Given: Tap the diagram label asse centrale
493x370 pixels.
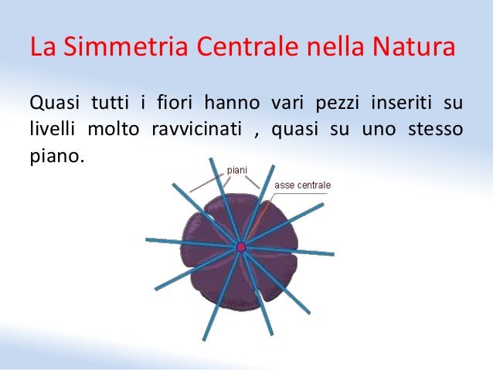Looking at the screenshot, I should [x=302, y=185].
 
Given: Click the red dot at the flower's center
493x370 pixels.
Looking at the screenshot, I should [x=240, y=247].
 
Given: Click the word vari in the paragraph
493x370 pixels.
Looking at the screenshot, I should [x=288, y=102].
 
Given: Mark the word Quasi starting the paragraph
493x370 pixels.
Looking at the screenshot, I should [x=52, y=102].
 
